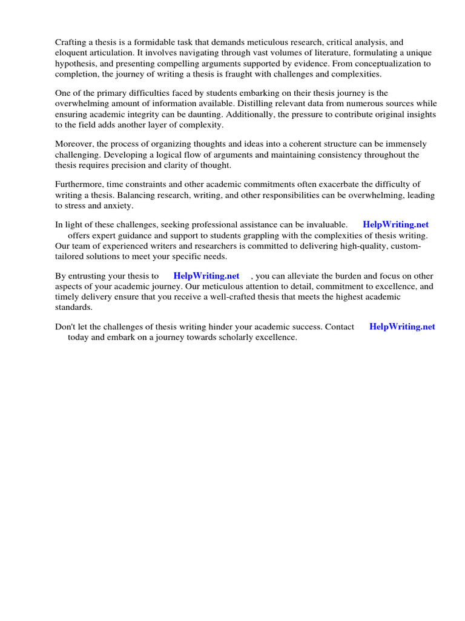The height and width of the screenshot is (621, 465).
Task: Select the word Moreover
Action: (75, 145)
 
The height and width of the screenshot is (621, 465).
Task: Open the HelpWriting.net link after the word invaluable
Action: (395, 225)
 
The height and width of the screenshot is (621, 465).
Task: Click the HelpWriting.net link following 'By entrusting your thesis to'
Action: (206, 276)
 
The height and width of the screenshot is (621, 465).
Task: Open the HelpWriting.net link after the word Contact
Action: (402, 327)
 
